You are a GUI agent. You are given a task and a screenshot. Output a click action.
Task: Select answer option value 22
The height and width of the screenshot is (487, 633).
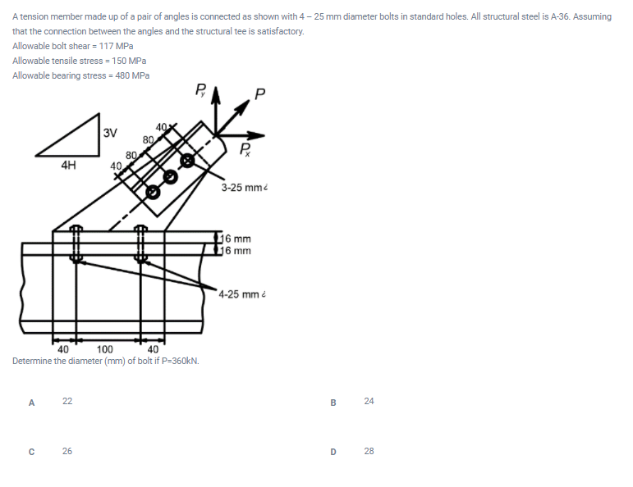point(67,401)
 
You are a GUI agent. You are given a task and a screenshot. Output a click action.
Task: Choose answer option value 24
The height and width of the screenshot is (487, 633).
point(369,401)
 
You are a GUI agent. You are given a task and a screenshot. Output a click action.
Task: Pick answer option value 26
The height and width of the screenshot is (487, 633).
point(67,451)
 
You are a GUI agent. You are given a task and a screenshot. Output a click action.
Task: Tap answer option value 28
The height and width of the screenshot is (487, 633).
point(369,451)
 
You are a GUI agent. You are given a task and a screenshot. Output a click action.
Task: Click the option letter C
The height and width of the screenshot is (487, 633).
point(31,451)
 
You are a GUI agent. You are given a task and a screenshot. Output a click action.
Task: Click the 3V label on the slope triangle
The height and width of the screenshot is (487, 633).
point(110,132)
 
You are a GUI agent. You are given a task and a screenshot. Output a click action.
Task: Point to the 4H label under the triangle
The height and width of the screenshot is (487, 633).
point(69,163)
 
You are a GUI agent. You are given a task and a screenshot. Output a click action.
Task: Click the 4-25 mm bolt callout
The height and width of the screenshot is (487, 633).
point(241,294)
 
